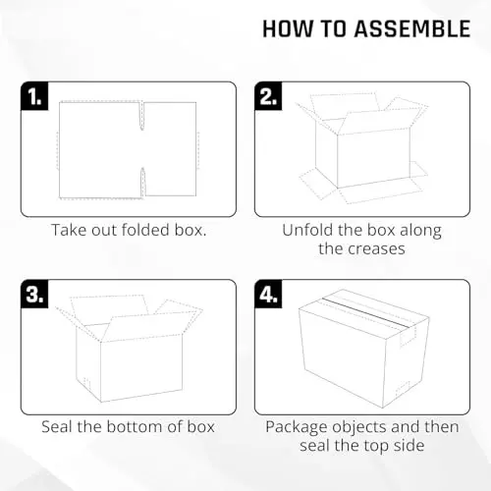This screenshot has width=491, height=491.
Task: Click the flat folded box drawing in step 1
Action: [128, 148]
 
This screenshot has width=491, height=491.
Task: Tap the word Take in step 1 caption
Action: [69, 232]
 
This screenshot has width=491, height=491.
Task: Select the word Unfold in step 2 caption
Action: [306, 232]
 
